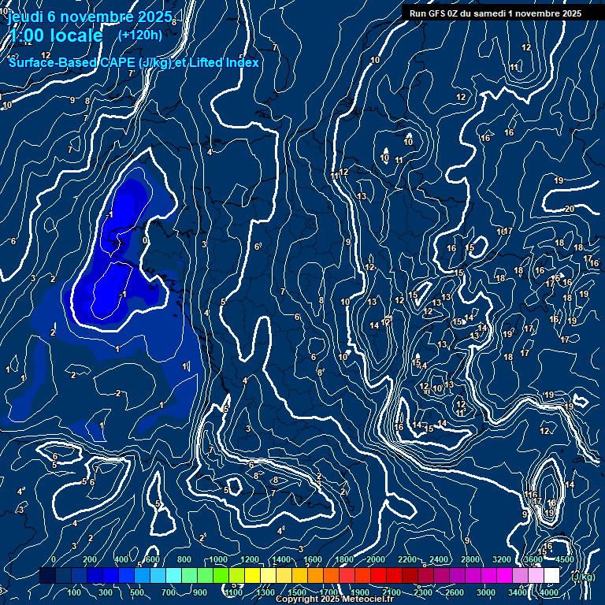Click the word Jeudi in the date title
click(24, 16)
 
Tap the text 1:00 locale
click(56, 35)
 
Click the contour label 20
click(569, 209)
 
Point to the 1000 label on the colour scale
click(219, 559)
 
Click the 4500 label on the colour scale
click(564, 559)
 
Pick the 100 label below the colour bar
click(76, 592)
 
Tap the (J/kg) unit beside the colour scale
click(584, 577)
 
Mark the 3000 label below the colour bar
click(486, 592)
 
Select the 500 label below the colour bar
click(139, 592)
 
